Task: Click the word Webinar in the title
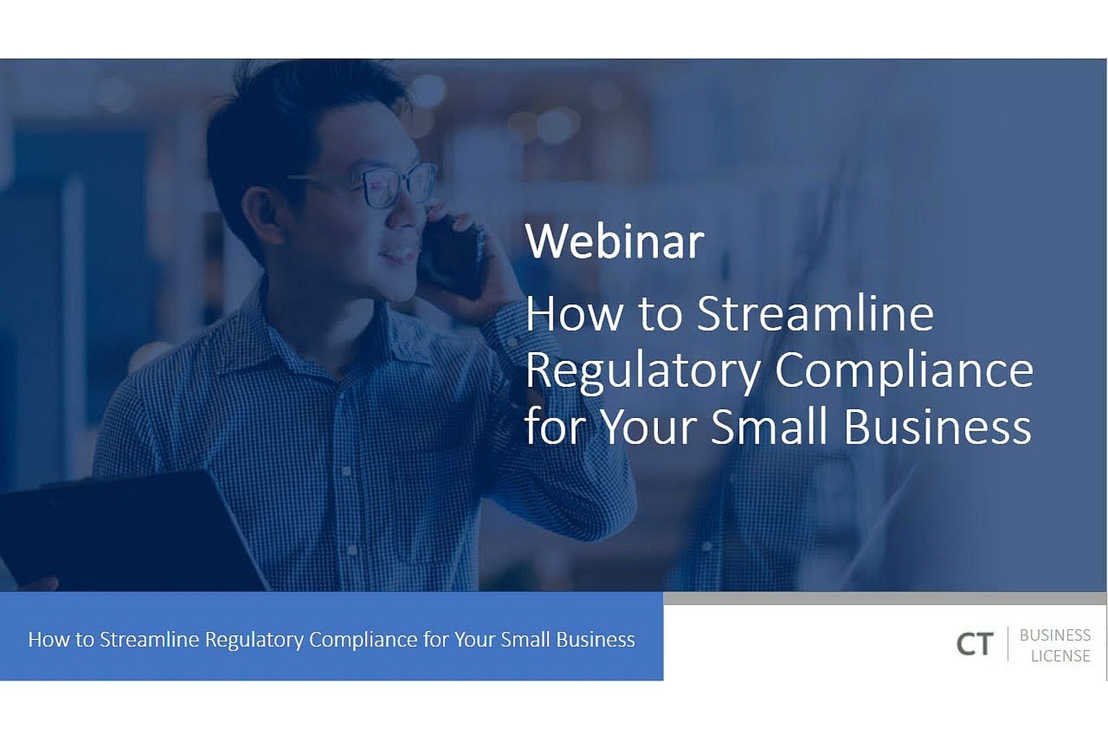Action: pos(615,241)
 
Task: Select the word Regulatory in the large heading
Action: pos(643,372)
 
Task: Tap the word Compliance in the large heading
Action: pos(904,372)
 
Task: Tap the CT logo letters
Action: pos(975,644)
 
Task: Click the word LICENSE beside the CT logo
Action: pos(1060,656)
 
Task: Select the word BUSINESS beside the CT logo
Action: pos(1055,635)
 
